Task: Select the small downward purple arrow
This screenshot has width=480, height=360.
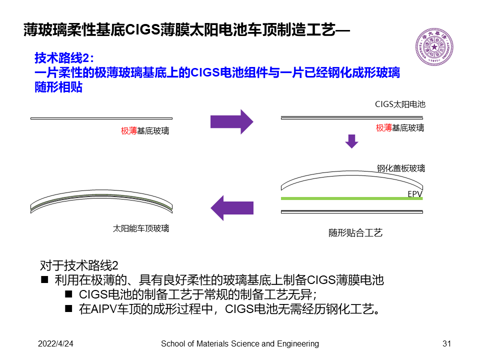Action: coord(352,141)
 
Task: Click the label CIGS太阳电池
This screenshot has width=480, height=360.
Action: coord(400,104)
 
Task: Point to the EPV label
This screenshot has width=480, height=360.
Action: coord(415,193)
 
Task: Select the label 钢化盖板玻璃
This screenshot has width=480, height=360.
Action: coord(401,168)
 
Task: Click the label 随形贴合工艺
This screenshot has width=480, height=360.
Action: coord(355,233)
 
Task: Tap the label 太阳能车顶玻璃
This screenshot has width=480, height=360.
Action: coord(141,228)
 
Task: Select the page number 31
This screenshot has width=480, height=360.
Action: coord(447,344)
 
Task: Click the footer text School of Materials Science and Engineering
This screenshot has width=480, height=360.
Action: coord(240,344)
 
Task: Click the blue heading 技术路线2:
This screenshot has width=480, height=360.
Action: coord(64,58)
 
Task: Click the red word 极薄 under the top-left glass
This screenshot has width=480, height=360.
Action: coord(128,131)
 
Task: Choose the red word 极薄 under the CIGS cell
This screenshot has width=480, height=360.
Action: coord(383,128)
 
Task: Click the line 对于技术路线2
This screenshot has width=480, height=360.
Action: coord(78,265)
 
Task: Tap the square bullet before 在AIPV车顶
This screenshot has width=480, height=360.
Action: coord(69,308)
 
